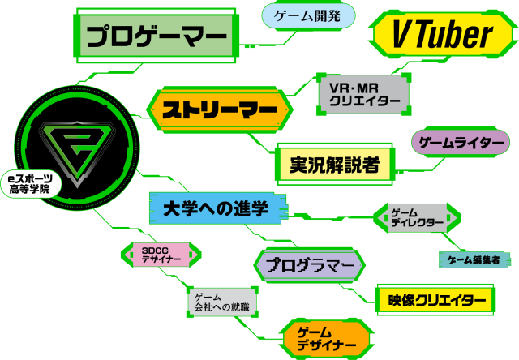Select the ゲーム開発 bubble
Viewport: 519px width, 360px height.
[x=308, y=15]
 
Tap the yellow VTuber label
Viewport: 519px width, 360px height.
[x=442, y=34]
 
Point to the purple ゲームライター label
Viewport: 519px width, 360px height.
[x=461, y=144]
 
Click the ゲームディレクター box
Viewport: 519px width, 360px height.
[x=417, y=217]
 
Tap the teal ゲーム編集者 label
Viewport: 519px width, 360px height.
[x=474, y=259]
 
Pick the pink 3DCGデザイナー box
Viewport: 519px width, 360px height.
[x=155, y=255]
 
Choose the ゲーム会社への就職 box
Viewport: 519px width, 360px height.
[x=220, y=302]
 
